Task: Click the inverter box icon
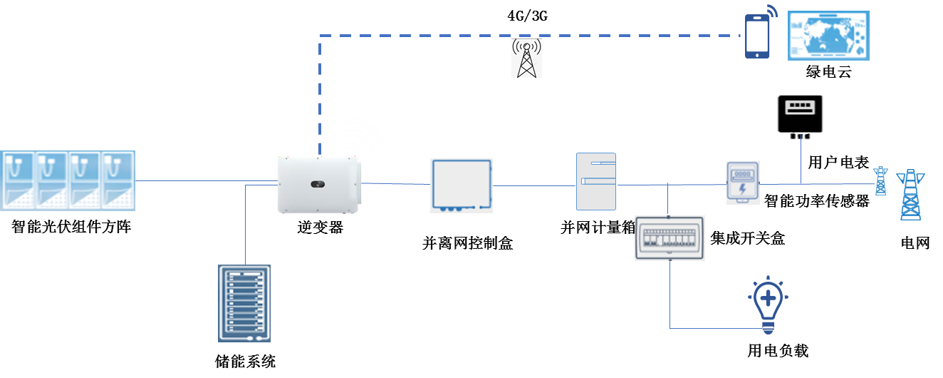(318, 185)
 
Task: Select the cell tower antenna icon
(526, 58)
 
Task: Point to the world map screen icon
(828, 35)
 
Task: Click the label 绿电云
(828, 73)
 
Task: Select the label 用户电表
(838, 163)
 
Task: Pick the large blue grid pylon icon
(912, 194)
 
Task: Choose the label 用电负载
(778, 351)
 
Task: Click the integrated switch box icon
(670, 237)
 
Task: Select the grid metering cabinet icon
(596, 182)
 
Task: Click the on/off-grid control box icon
(462, 185)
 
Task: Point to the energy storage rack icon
(244, 303)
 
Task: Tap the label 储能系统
(244, 362)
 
